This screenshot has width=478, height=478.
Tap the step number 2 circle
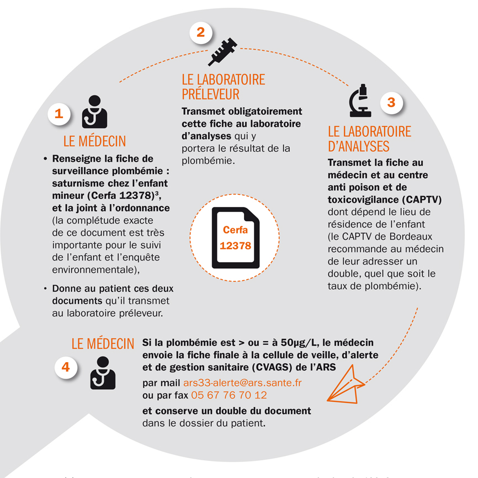[201, 32]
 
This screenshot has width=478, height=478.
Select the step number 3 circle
[391, 102]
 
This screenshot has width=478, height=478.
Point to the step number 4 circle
[66, 367]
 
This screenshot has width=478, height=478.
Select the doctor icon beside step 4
[103, 372]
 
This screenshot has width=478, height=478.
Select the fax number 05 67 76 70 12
[229, 395]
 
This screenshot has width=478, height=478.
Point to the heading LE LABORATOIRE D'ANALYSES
[369, 139]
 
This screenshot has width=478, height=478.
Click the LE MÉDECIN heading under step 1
[94, 141]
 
